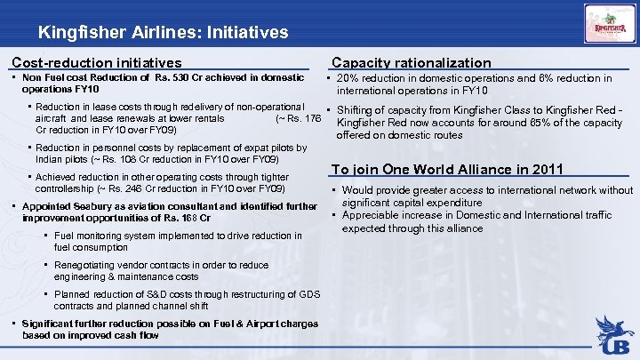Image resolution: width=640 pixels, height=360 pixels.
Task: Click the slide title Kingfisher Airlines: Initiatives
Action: pos(163,33)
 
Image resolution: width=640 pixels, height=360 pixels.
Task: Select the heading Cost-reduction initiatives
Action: pos(96,63)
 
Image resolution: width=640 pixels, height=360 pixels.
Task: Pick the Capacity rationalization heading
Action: pos(411,63)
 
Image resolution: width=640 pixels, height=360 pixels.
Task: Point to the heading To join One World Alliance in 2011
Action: pos(447,170)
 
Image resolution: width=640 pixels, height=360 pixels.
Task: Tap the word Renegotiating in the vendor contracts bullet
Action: pos(84,265)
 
